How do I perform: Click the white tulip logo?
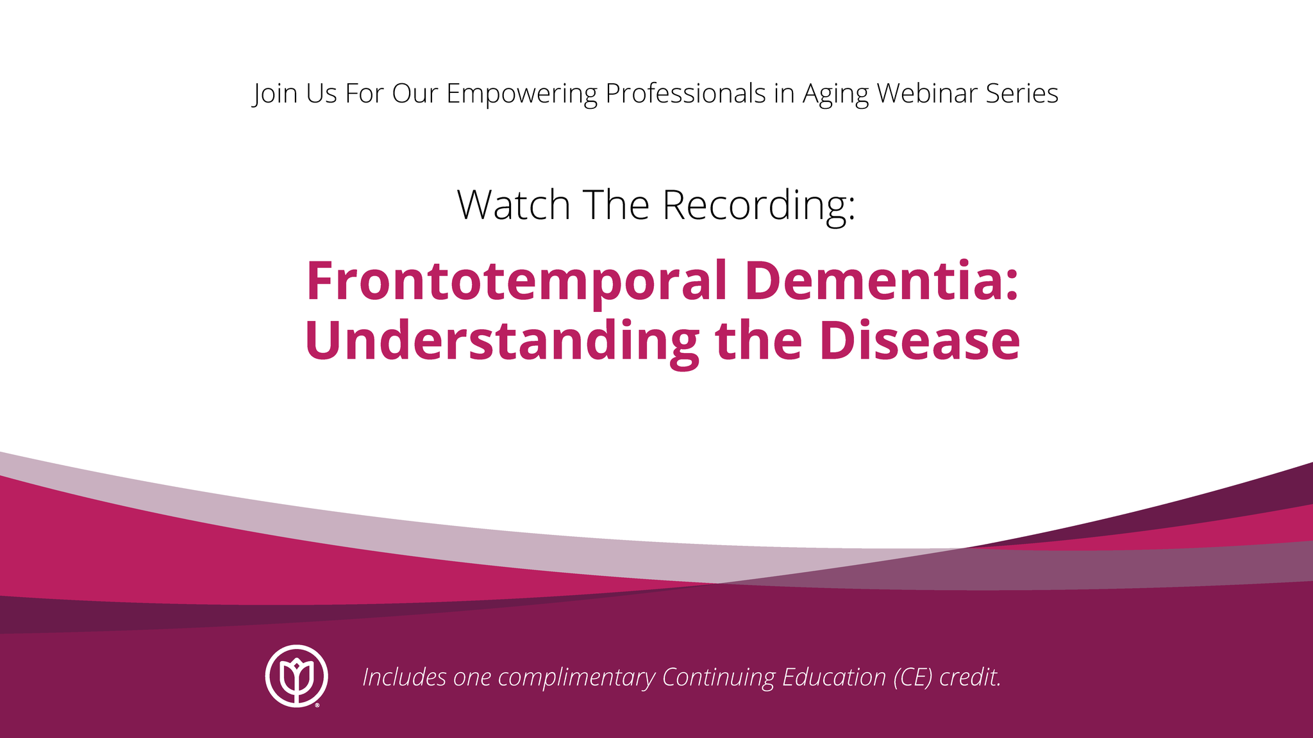(297, 676)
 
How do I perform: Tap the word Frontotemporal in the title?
(517, 282)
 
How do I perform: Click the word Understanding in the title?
(502, 341)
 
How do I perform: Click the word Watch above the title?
(514, 205)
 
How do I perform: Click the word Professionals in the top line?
(685, 94)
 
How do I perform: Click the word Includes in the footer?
(405, 677)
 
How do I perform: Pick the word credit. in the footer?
(970, 677)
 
